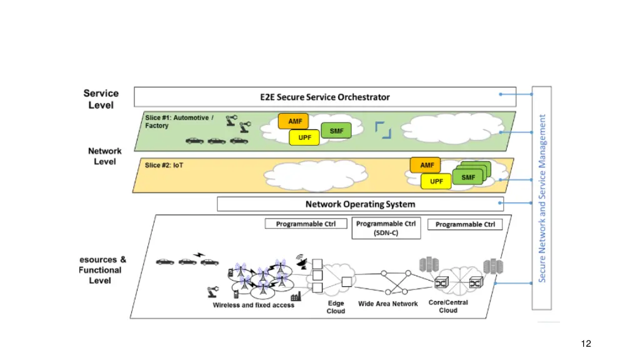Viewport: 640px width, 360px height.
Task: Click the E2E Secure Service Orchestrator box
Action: [325, 97]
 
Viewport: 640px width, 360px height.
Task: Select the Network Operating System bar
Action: [360, 204]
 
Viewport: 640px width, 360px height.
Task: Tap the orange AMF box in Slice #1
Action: [294, 121]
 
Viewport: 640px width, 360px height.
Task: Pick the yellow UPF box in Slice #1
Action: [304, 137]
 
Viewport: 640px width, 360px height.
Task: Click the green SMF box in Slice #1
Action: [336, 131]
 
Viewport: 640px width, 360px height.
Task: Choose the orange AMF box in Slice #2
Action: [426, 165]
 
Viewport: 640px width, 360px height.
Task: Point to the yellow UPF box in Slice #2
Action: [436, 181]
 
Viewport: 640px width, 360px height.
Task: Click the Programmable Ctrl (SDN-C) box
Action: [386, 228]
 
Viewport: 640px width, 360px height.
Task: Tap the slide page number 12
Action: [586, 343]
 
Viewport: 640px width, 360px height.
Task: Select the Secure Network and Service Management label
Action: [542, 197]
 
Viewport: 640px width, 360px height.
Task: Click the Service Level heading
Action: [101, 99]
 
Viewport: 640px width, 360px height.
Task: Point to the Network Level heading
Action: [105, 156]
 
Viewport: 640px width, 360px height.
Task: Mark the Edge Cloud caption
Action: [336, 307]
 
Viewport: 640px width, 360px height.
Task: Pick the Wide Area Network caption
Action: [387, 304]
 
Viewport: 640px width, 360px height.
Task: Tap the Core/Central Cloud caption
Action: [448, 306]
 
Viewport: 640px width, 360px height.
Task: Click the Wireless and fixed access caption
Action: [254, 305]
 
